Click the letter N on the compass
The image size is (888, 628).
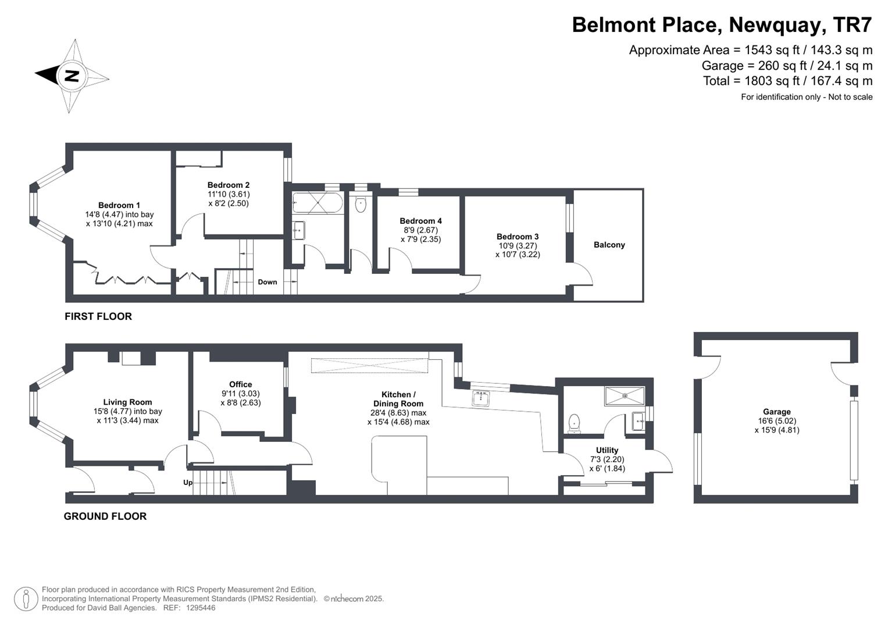tap(72, 76)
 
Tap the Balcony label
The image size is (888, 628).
tap(609, 245)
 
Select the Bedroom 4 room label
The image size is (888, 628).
tap(420, 221)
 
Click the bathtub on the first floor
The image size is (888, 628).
tap(318, 203)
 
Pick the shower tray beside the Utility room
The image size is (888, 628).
tap(625, 395)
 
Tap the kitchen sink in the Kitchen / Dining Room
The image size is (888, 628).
tap(481, 398)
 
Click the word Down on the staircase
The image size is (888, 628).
tap(267, 282)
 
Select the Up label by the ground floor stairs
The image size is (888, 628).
tap(187, 483)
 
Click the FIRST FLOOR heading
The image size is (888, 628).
tap(98, 316)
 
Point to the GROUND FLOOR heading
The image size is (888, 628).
tap(105, 516)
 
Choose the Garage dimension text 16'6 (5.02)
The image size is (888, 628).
tap(776, 420)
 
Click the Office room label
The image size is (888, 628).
tap(241, 384)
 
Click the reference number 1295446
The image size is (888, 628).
tap(201, 608)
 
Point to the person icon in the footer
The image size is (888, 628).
tap(26, 599)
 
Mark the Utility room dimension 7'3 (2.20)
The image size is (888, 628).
tap(607, 459)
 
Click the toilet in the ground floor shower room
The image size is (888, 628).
tap(575, 423)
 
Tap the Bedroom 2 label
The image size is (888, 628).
tap(229, 185)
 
